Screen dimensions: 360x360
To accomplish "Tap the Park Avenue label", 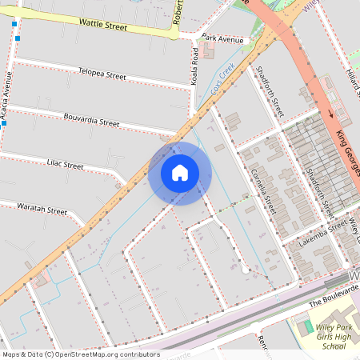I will [222, 38].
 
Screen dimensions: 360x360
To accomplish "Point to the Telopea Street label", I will [102, 75].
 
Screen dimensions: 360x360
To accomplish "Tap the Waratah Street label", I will [42, 210].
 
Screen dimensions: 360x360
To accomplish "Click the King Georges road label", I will [346, 140].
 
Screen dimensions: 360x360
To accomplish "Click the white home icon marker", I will [180, 173].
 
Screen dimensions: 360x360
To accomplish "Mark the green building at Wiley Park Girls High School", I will [305, 326].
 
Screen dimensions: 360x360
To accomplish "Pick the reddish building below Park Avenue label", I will [208, 51].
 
